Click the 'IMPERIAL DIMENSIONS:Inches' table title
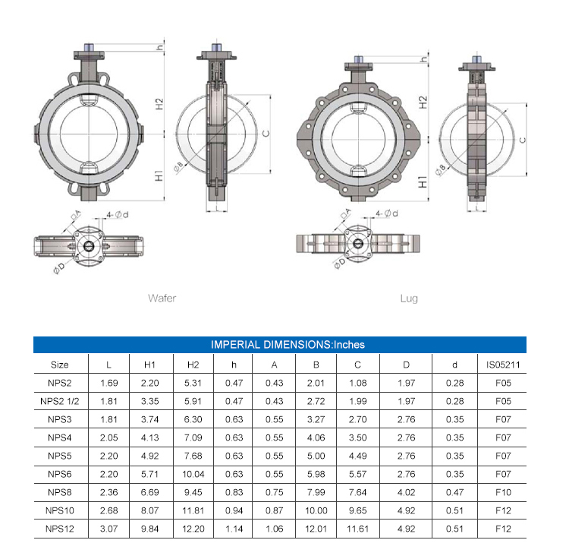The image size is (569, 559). [x=288, y=344]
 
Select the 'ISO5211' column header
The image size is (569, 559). [x=503, y=365]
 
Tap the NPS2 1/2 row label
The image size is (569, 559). [x=59, y=401]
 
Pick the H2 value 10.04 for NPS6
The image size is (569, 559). [x=193, y=474]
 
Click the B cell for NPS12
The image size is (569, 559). [x=316, y=529]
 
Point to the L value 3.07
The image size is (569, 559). [x=108, y=529]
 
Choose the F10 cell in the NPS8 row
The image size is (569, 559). [x=503, y=492]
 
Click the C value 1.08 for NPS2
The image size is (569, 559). [x=358, y=383]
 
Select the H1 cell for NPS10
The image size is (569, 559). [x=149, y=510]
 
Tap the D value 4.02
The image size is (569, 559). [x=406, y=492]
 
